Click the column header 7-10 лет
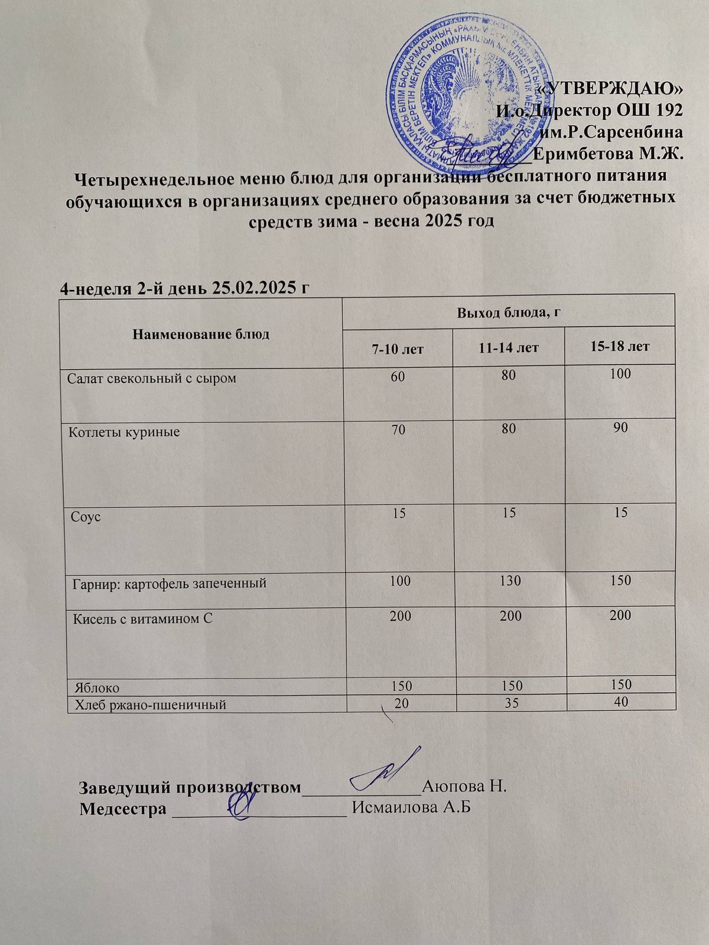click(x=398, y=348)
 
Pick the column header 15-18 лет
click(x=620, y=346)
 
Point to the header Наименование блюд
click(x=201, y=334)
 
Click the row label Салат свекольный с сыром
click(x=152, y=378)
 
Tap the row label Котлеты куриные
click(x=125, y=432)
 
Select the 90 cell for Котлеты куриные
click(x=620, y=427)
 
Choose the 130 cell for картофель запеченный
click(x=509, y=581)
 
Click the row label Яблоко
click(x=97, y=688)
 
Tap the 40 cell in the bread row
click(x=620, y=702)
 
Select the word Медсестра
click(x=123, y=809)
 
